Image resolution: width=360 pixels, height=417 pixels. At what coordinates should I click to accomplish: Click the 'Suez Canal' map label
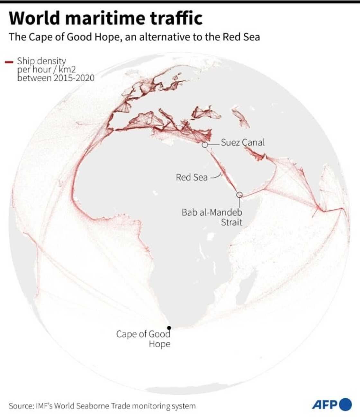243,142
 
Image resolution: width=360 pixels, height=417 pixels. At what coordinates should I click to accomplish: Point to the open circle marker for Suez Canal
205,145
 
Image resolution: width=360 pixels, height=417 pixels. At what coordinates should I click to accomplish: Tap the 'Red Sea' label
192,177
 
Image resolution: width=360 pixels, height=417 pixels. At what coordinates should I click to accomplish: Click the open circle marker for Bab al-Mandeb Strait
239,195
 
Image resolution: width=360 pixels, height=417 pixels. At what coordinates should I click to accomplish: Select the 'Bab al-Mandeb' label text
212,213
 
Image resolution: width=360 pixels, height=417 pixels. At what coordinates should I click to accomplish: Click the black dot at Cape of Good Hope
169,328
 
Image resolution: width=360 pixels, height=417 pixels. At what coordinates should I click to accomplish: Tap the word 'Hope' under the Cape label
159,344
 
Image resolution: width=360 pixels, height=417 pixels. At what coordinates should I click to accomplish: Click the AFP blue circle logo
346,404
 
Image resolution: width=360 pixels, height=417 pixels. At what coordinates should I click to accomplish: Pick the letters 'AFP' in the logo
325,404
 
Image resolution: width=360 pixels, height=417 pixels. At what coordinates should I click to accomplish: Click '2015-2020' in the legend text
74,78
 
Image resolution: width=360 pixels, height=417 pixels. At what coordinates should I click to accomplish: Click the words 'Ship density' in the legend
41,61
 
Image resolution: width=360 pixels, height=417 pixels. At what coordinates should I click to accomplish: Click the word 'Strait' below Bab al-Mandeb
231,222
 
